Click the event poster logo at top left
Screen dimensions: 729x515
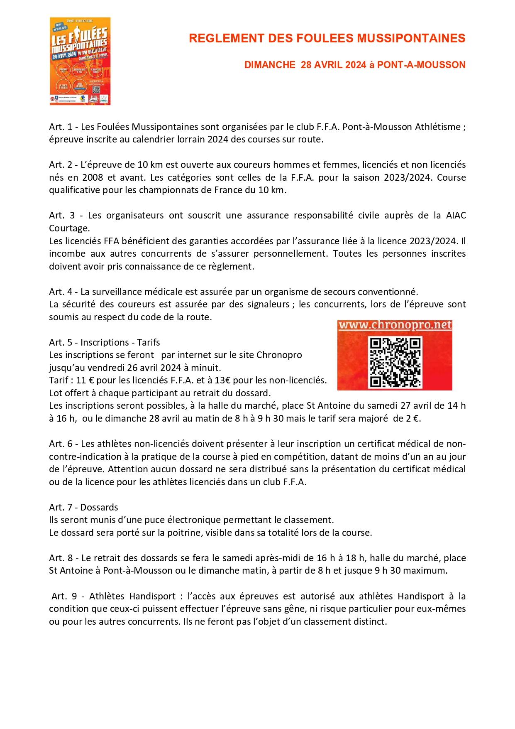pyautogui.click(x=80, y=61)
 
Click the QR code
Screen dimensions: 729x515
pyautogui.click(x=395, y=362)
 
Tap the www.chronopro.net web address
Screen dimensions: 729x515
pyautogui.click(x=395, y=325)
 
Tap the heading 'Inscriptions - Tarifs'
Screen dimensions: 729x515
pyautogui.click(x=120, y=342)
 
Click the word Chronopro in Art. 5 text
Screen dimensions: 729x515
pyautogui.click(x=279, y=355)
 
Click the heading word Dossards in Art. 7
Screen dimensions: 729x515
pyautogui.click(x=99, y=507)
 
